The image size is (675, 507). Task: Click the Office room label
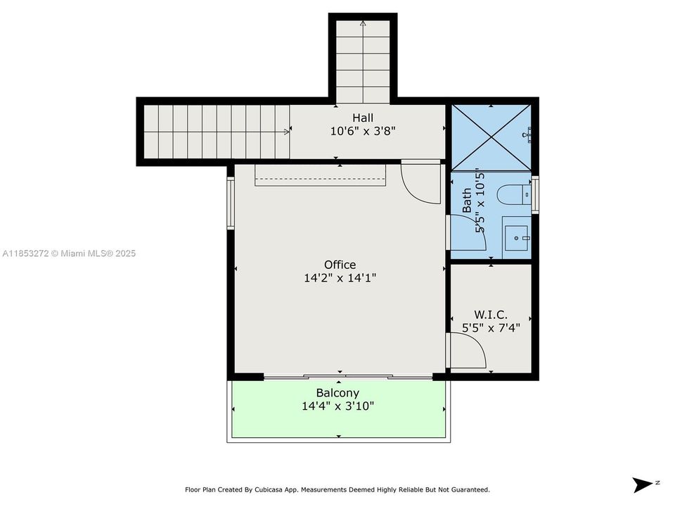[340, 265]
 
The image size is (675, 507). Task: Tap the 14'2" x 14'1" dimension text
[340, 278]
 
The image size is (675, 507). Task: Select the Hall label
[363, 118]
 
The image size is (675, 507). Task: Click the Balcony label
[337, 393]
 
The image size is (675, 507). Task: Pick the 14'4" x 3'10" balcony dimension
[337, 406]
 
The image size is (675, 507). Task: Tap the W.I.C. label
[491, 315]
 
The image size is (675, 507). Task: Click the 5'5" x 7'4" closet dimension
[491, 327]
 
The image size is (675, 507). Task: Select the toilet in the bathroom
[511, 194]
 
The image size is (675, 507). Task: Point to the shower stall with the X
[490, 137]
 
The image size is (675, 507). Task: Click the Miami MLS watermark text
[69, 254]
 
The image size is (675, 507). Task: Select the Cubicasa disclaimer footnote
[337, 489]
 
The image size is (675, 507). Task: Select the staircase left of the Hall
[215, 131]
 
